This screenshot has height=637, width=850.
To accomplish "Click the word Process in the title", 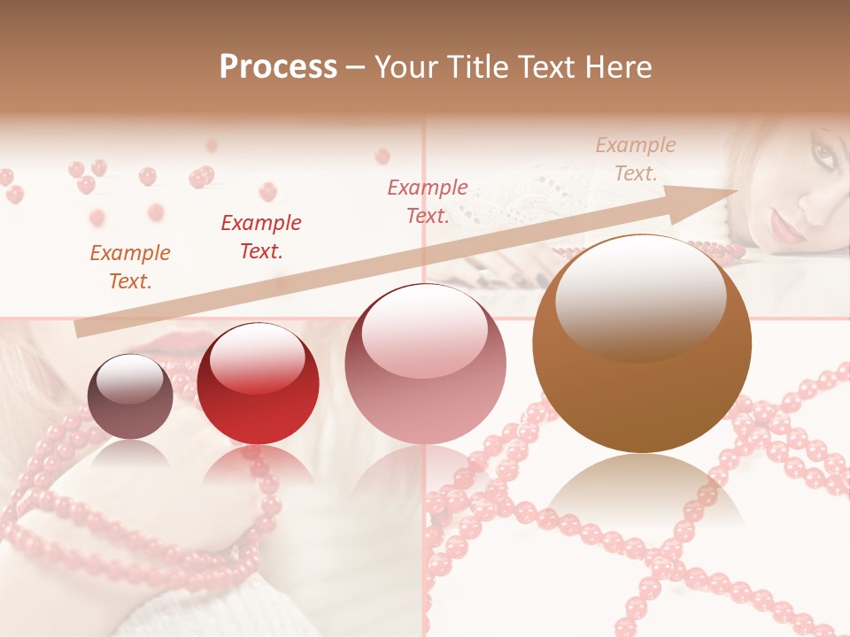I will [x=278, y=67].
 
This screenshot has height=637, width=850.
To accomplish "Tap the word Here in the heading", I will [x=617, y=67].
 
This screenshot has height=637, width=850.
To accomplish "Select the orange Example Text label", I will [x=130, y=267].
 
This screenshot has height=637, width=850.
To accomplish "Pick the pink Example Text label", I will [x=428, y=202].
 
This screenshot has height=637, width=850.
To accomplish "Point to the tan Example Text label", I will [x=635, y=159].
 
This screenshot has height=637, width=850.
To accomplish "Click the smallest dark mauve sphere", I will [x=130, y=396].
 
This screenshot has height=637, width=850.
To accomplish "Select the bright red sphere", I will [x=258, y=383].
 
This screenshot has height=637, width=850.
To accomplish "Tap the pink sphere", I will [x=425, y=364].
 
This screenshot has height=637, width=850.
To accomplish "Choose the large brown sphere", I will [x=642, y=345].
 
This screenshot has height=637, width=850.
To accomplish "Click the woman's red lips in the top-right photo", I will [x=785, y=228].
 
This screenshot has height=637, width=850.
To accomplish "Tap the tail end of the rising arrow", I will [x=81, y=329].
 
